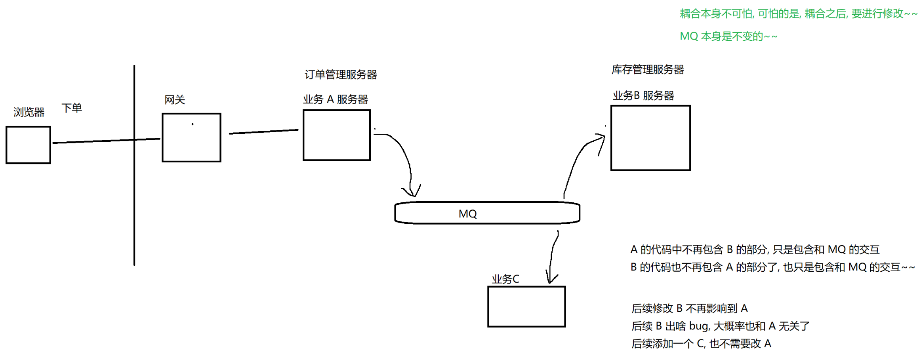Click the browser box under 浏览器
tap(28, 145)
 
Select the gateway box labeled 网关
tap(191, 137)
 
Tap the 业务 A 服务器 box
tap(336, 135)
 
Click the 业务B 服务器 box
tap(650, 138)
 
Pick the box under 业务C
tap(526, 306)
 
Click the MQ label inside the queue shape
tap(467, 214)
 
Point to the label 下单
tap(72, 108)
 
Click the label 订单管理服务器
tap(340, 74)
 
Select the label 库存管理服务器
tap(647, 70)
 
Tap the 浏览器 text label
tap(29, 112)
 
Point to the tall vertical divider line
tap(134, 198)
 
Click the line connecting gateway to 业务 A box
tap(263, 131)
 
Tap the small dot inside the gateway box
tap(193, 124)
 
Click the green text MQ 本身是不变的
tap(728, 36)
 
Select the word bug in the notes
tap(699, 326)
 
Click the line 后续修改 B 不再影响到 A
tap(689, 308)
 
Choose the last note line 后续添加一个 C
tap(701, 343)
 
